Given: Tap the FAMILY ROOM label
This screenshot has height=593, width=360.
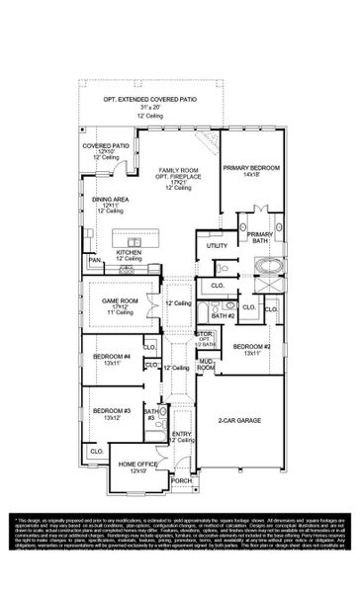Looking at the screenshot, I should [177, 171].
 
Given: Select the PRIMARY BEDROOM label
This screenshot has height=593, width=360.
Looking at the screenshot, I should [250, 167].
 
